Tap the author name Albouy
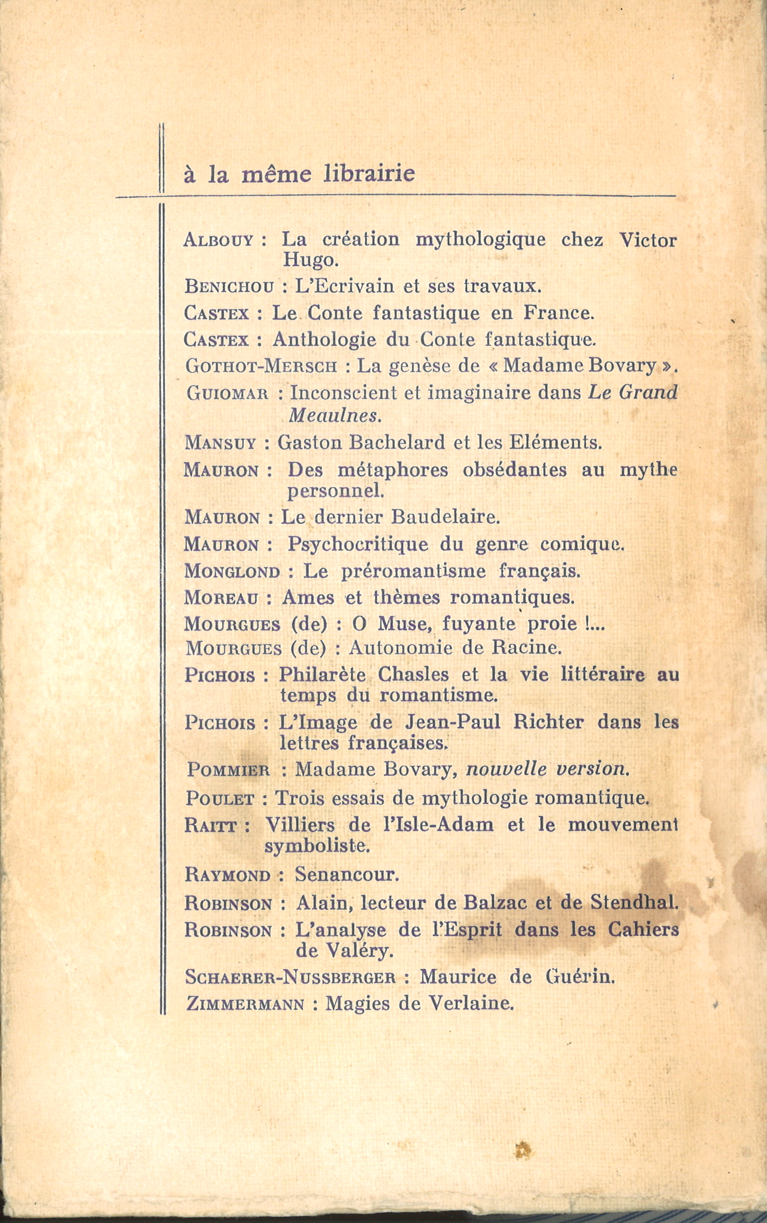point(218,240)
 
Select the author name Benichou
point(229,287)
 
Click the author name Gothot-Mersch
point(261,366)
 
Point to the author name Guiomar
point(227,393)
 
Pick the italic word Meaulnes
point(334,416)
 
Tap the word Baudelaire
point(446,517)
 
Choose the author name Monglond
point(232,571)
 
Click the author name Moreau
point(221,598)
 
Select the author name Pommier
point(228,769)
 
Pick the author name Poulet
point(220,799)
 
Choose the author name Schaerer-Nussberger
point(290,977)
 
